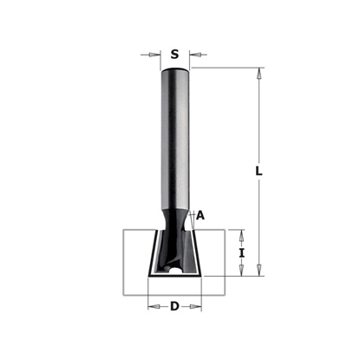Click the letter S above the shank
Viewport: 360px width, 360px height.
[x=175, y=54]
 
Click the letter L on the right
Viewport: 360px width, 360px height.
[x=259, y=172]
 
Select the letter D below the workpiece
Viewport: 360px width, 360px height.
[x=175, y=306]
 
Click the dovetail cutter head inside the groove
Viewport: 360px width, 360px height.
[x=175, y=252]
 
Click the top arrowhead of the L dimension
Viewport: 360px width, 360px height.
[x=259, y=73]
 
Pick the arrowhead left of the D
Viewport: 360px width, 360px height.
[x=153, y=306]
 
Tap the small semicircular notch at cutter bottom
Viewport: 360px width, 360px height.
[x=178, y=273]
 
